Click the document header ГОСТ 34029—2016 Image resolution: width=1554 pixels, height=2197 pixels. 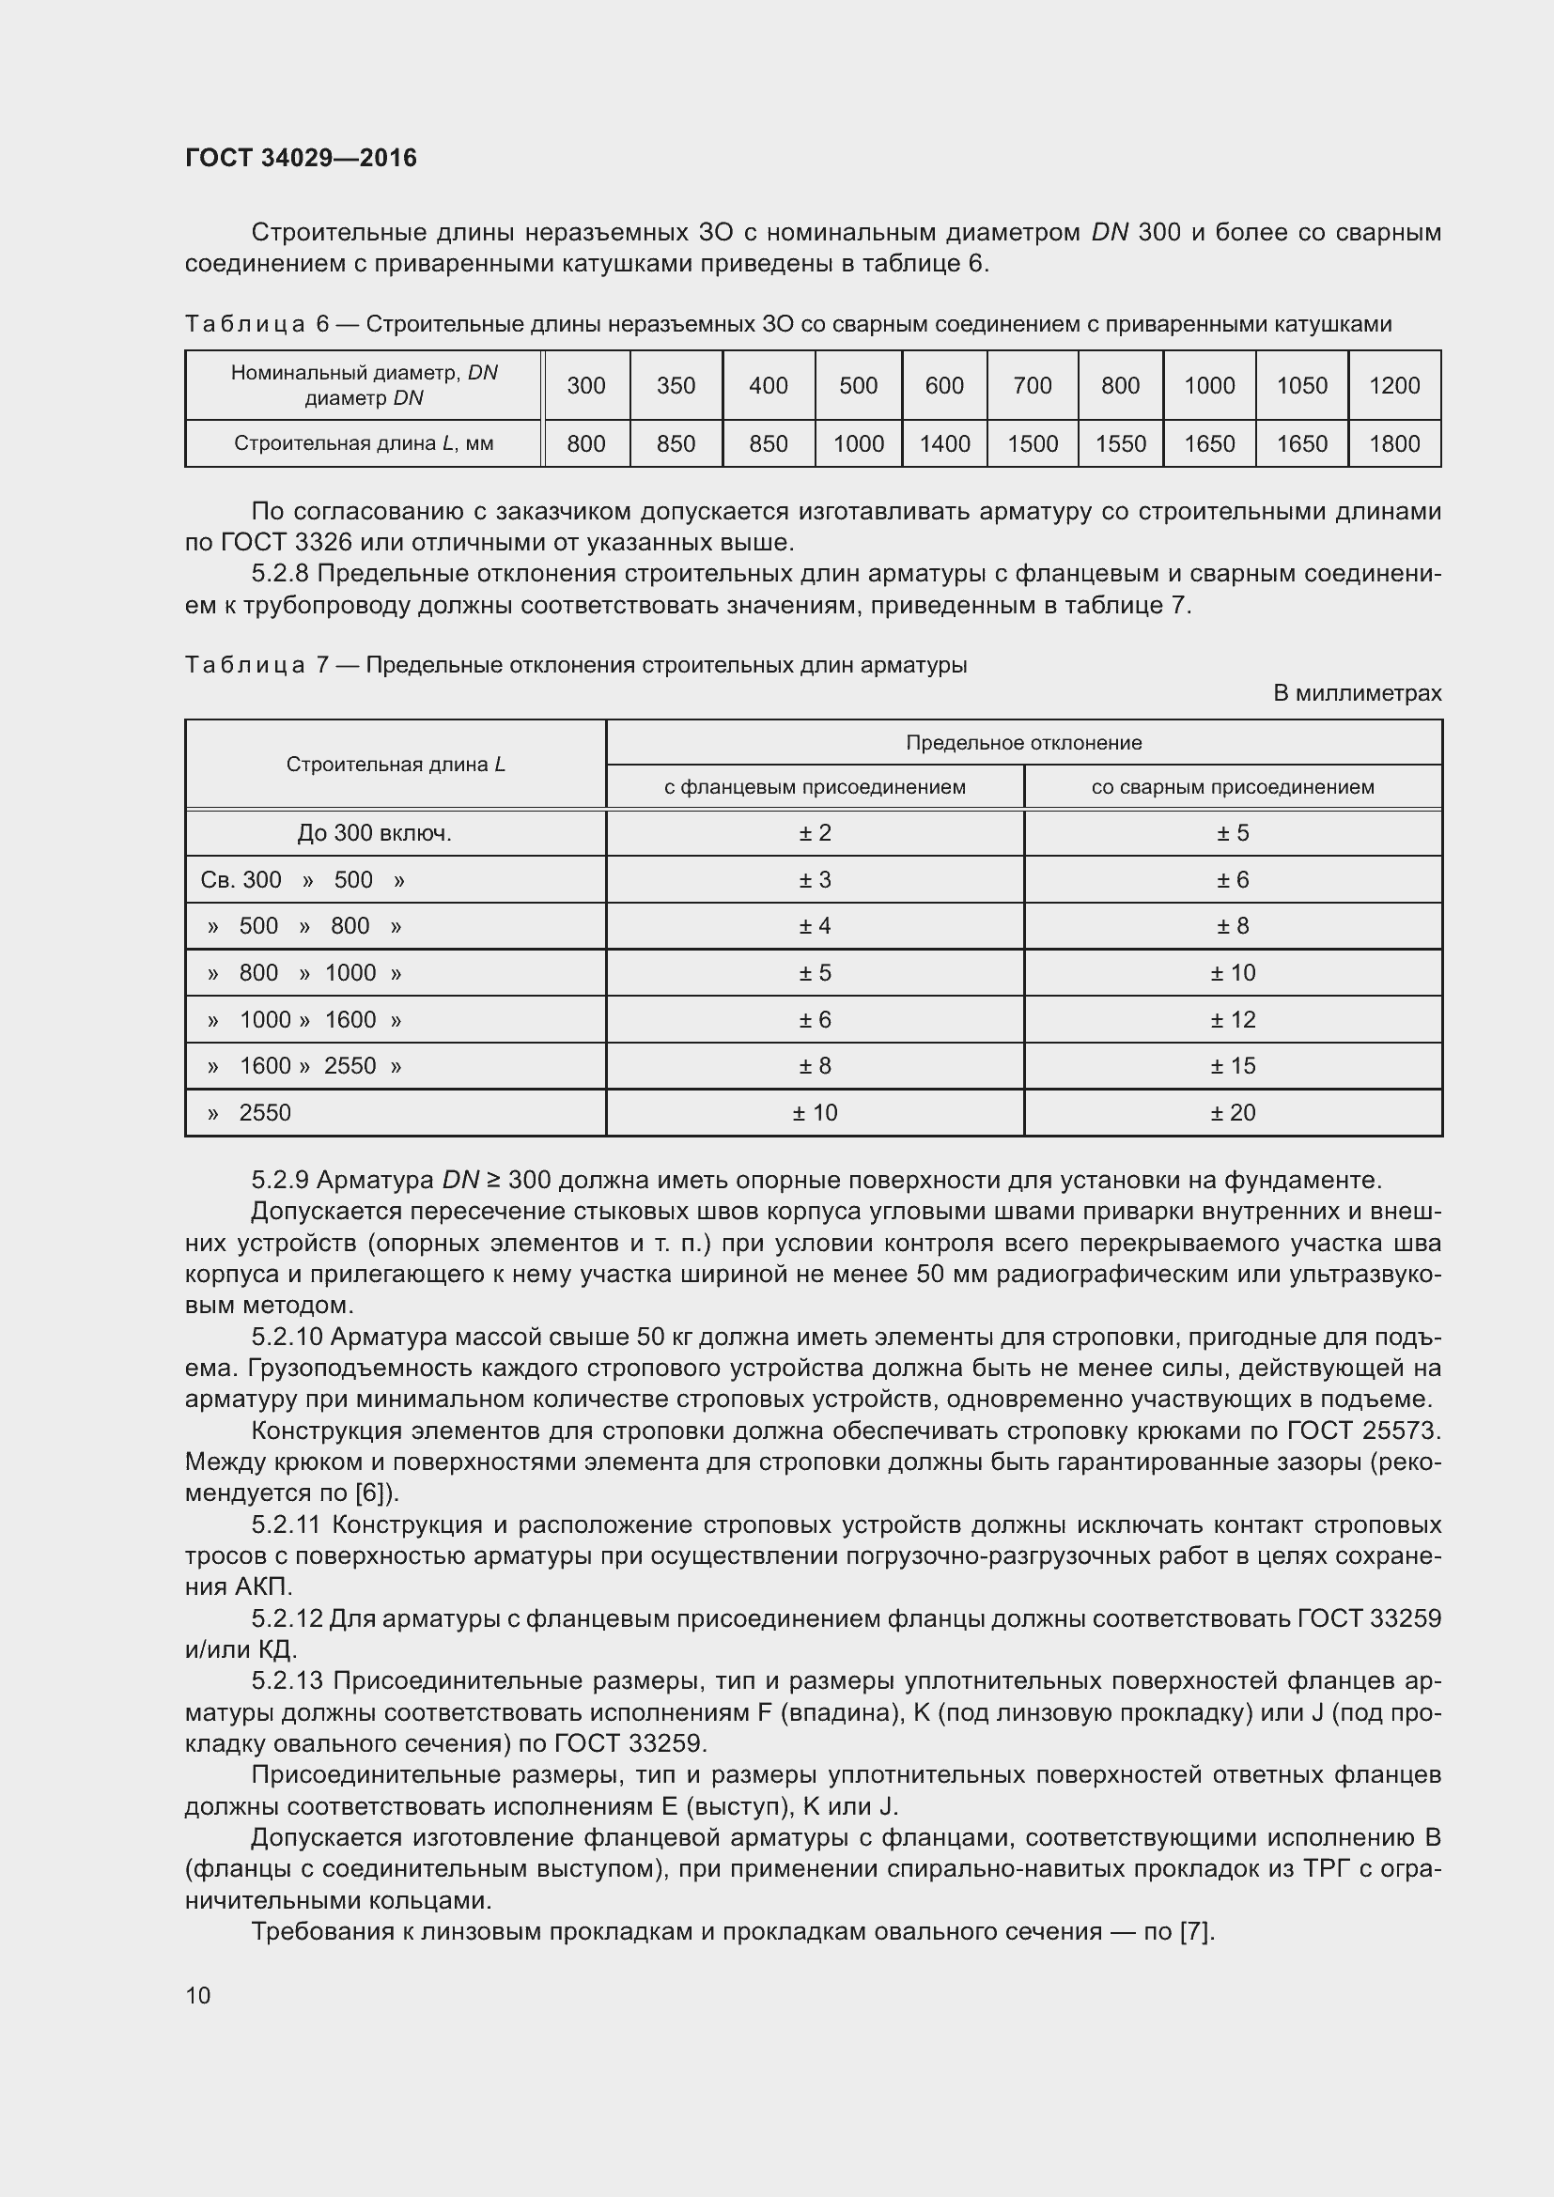(301, 158)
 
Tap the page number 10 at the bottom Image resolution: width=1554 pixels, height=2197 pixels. (198, 1995)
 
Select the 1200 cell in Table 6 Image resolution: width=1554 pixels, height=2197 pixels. (1393, 386)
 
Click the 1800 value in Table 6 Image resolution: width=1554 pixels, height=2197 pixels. (1393, 444)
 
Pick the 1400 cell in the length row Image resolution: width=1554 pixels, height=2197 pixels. (943, 444)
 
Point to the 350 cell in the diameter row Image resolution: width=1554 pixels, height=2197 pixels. (676, 386)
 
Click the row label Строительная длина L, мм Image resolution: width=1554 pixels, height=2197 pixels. (364, 444)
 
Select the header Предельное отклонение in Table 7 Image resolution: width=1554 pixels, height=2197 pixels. (1023, 743)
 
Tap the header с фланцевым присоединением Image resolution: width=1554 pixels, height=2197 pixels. (815, 787)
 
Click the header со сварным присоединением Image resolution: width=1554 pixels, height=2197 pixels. (1232, 787)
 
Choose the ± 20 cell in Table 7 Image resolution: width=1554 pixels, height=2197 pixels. (1232, 1113)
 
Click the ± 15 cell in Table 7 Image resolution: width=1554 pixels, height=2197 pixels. (1232, 1066)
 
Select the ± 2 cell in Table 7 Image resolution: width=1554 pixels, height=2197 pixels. (815, 833)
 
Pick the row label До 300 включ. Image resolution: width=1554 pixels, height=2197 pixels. (374, 833)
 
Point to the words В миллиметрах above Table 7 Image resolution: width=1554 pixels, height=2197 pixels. (1356, 693)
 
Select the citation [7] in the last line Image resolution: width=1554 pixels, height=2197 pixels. (1196, 1932)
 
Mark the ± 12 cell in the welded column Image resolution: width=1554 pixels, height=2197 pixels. (1232, 1020)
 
